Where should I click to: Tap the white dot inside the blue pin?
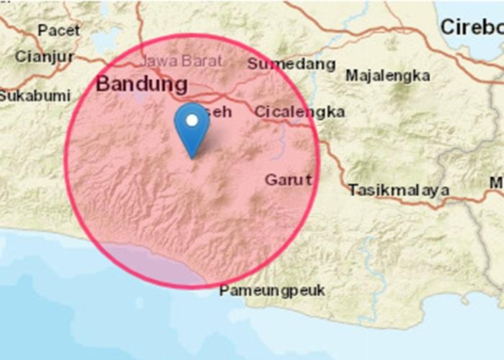coord(192,120)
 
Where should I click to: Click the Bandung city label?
coord(142,84)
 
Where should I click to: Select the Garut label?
coord(288,180)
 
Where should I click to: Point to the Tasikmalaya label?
coord(399,191)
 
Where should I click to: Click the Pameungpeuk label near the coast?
coord(272,291)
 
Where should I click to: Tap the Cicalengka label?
coord(299,112)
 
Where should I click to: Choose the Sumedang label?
coord(291,64)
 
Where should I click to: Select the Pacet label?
coord(58,30)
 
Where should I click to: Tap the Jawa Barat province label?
coord(181,61)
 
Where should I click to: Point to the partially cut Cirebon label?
coord(472,28)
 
